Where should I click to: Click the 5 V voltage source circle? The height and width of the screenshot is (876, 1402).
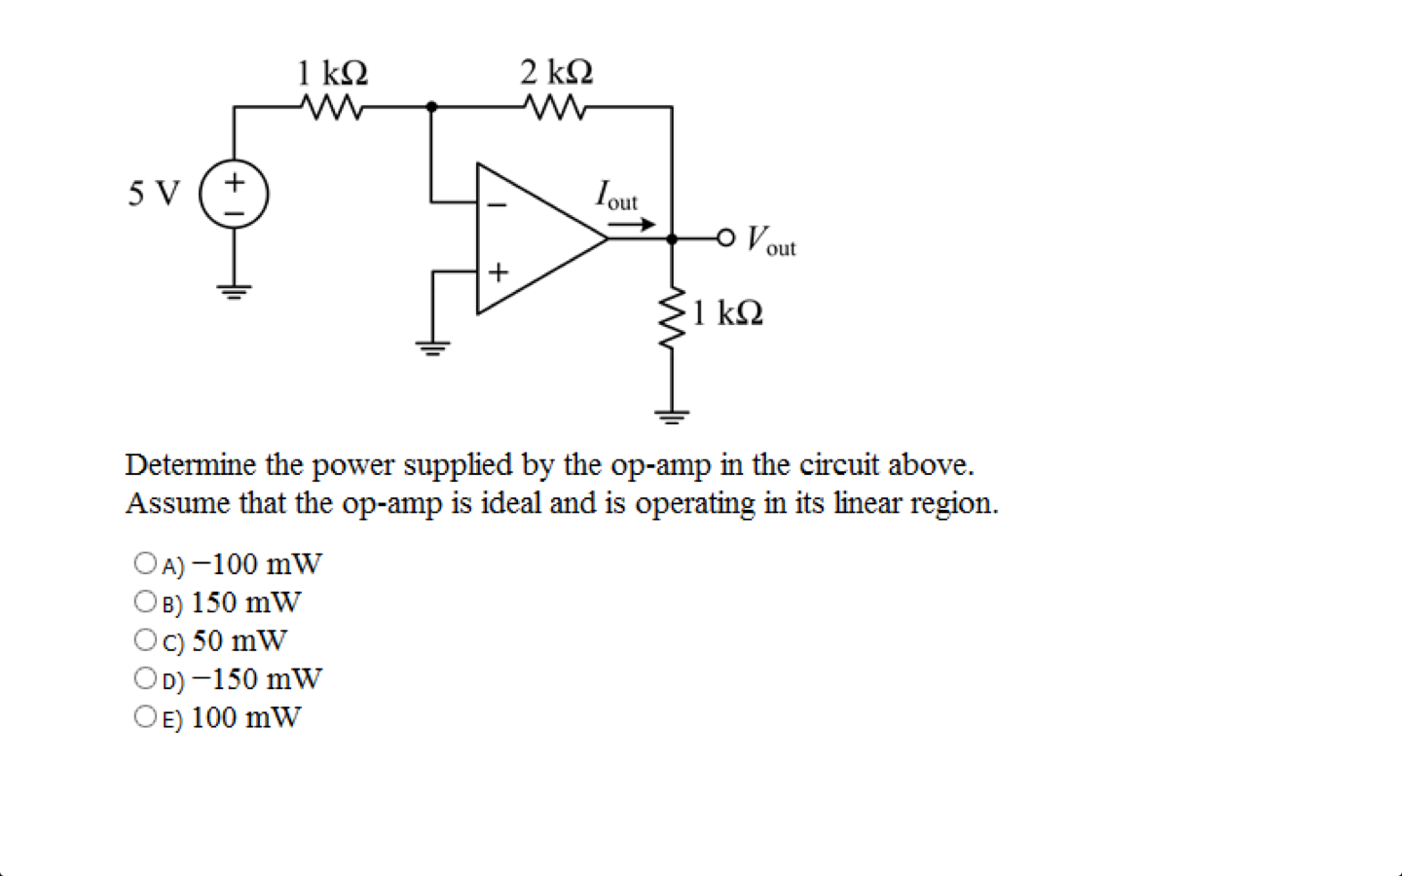[234, 194]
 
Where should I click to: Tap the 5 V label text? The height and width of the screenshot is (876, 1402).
[154, 194]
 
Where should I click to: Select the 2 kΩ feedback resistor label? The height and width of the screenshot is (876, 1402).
[556, 72]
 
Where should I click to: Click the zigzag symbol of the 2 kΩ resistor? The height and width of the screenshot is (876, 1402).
[556, 106]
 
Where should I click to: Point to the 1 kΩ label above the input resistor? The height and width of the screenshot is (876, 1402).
[332, 72]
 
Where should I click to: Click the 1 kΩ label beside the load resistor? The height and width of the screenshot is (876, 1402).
[727, 313]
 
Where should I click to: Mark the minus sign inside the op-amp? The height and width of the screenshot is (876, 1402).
[498, 205]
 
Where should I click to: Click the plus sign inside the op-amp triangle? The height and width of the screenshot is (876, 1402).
[498, 272]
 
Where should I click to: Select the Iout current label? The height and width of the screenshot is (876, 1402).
[616, 196]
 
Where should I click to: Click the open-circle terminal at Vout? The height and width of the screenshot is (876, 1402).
[725, 237]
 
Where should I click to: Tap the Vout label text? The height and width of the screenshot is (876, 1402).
[771, 240]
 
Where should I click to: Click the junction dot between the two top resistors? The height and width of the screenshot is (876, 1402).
[431, 106]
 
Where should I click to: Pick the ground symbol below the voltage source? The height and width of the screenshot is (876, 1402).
[234, 290]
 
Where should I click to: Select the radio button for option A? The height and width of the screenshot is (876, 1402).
[145, 563]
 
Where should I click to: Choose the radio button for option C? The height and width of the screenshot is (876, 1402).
[145, 639]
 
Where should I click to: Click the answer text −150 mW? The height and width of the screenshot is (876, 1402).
[257, 678]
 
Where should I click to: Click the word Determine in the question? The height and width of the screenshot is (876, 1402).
[191, 465]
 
